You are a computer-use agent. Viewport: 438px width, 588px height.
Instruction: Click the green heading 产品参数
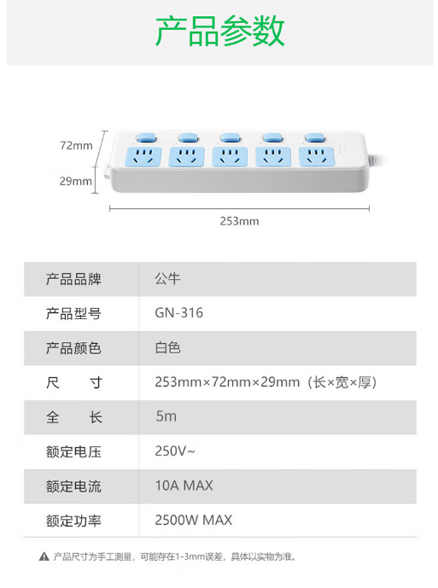[220, 31]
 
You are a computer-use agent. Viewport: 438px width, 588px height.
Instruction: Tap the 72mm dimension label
[76, 145]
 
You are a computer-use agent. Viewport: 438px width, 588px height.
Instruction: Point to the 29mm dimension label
[75, 181]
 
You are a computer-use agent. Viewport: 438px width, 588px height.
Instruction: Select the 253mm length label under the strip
[239, 221]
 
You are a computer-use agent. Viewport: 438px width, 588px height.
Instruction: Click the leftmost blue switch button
[146, 137]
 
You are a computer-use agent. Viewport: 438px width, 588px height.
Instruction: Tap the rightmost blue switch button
[314, 137]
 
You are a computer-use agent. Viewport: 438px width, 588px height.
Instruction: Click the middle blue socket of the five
[230, 157]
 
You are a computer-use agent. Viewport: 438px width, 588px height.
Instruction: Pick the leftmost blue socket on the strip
[143, 157]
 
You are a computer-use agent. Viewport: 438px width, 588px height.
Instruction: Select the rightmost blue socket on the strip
[317, 157]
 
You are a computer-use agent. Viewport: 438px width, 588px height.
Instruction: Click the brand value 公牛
[167, 278]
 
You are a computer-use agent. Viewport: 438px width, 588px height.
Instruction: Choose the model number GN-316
[179, 312]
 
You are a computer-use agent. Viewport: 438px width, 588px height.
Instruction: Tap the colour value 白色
[167, 347]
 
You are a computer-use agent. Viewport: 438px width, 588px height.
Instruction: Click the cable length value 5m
[166, 416]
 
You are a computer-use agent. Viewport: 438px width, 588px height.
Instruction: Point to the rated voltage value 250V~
[175, 451]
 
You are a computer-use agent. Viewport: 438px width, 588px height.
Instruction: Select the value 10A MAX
[184, 486]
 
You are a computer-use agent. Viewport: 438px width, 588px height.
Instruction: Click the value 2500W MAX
[194, 520]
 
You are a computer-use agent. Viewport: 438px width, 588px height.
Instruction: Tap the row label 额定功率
[73, 521]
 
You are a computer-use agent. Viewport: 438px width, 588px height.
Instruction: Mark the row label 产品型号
[73, 313]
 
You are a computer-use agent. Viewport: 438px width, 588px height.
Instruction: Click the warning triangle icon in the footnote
[44, 556]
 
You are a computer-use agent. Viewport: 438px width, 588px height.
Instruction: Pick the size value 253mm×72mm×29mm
[227, 382]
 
